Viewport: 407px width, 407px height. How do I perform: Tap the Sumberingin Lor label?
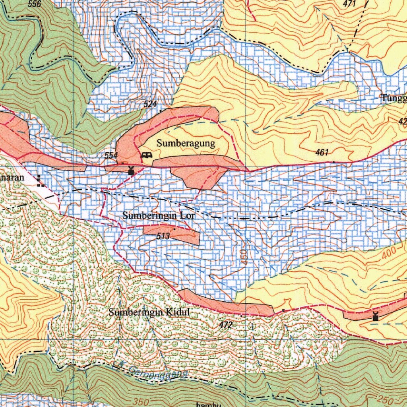[x=159, y=216]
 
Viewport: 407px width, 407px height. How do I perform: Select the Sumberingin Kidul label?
[x=149, y=312]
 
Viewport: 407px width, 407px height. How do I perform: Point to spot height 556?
[x=35, y=4]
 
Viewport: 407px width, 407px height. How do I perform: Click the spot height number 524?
[x=150, y=105]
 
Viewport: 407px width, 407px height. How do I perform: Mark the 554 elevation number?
[x=111, y=155]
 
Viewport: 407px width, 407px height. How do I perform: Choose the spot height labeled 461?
[x=322, y=152]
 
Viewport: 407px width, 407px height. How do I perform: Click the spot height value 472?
[x=225, y=325]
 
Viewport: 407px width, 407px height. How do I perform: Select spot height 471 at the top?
[x=350, y=4]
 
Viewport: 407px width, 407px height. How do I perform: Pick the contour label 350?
[x=141, y=402]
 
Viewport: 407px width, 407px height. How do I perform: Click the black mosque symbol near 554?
[x=131, y=171]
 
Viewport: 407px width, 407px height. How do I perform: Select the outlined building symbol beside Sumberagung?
[x=146, y=155]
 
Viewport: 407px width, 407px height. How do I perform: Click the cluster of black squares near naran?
[x=39, y=181]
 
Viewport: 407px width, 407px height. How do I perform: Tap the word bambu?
[x=208, y=404]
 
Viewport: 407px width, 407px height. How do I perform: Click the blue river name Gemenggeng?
[x=158, y=372]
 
